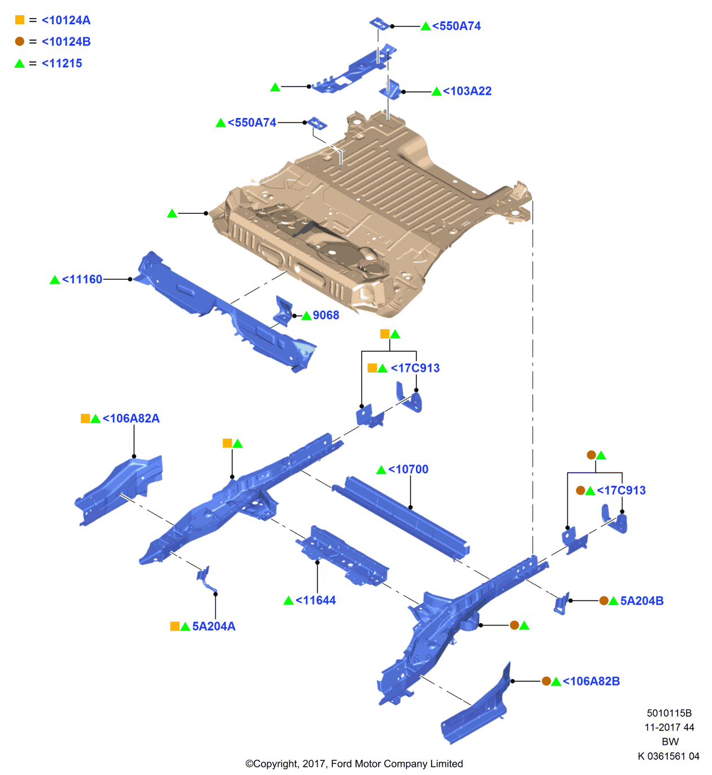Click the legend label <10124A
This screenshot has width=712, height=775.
pos(66,20)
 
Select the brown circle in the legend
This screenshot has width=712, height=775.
pos(20,41)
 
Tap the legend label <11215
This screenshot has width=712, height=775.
pos(62,63)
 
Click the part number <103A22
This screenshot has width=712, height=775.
pos(467,91)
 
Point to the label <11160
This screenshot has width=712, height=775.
pos(82,279)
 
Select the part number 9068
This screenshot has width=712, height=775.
pos(326,316)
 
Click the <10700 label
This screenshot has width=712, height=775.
pos(408,470)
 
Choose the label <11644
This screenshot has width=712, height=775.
pos(315,601)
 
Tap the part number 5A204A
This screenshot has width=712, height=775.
pos(214,627)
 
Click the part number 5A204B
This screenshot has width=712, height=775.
pos(642,601)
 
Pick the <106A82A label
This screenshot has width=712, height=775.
pos(131,419)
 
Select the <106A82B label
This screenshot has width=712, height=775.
pos(591,681)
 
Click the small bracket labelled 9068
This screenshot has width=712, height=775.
pos(283,312)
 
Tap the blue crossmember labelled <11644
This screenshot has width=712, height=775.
pos(342,556)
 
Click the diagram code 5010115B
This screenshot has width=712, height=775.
pos(669,713)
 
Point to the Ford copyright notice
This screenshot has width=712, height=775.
pos(354,764)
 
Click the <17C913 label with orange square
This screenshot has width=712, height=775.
pos(415,368)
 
